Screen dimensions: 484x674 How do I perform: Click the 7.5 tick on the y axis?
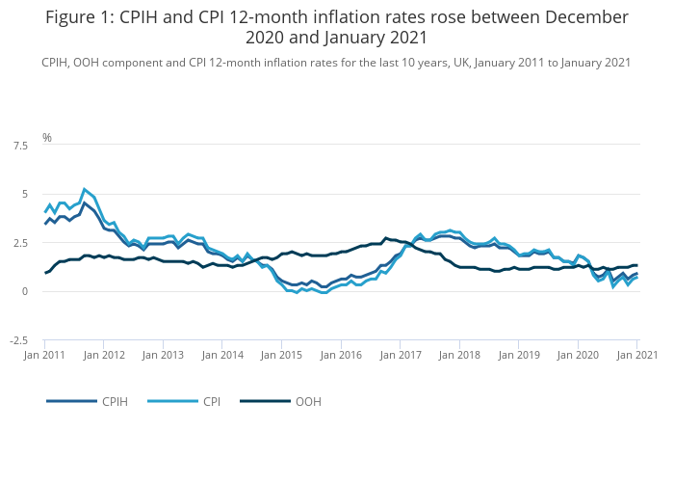point(19,146)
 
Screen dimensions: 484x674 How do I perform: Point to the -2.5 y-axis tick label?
point(17,340)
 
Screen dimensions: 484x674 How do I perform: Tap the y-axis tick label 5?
point(24,195)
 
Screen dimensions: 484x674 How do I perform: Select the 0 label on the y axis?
point(24,291)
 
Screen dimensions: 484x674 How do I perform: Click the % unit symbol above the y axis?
point(46,138)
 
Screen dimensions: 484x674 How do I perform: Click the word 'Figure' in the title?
point(76,17)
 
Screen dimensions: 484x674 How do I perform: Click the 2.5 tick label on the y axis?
point(19,243)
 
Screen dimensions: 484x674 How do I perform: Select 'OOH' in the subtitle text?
point(91,62)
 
